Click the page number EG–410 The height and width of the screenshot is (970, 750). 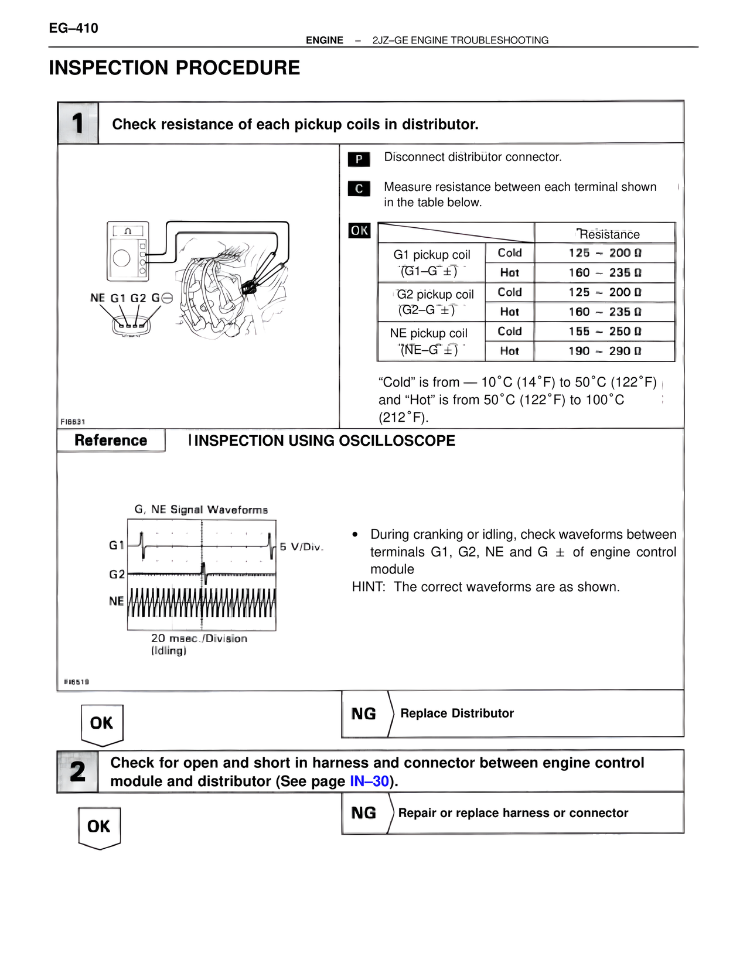point(74,28)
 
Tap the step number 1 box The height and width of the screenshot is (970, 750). point(78,123)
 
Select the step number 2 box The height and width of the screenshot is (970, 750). point(78,771)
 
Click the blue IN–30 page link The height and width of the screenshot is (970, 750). point(369,781)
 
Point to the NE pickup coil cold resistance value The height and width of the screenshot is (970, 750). point(605,332)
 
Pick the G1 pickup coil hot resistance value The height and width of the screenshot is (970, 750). point(605,273)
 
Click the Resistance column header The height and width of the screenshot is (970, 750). point(609,234)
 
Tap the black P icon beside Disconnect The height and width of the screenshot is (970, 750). point(359,159)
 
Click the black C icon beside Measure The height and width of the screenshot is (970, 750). point(359,189)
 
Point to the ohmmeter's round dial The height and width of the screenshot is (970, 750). point(122,258)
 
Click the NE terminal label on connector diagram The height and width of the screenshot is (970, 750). point(97,298)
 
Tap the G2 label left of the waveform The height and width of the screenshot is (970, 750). point(117,574)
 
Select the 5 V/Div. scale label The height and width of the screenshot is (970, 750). point(301,547)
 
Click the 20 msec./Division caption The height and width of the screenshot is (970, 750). point(199,638)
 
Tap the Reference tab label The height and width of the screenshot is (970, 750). point(111,440)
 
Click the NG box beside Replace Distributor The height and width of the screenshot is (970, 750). point(364,713)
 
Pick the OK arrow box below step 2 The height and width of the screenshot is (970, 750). point(99,826)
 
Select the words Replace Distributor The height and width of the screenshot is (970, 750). point(457,713)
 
